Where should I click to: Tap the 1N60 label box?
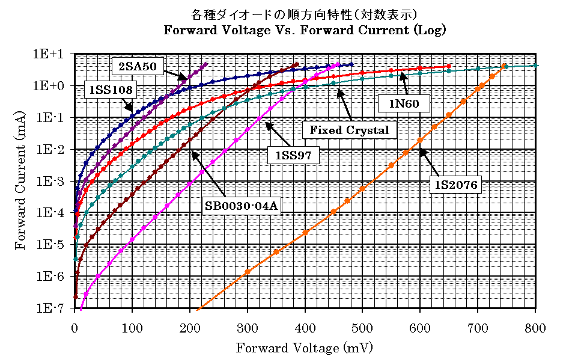[404, 103]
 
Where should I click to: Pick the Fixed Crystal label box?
[349, 129]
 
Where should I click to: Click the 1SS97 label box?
[293, 155]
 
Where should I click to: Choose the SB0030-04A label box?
[243, 206]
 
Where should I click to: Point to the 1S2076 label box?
[457, 185]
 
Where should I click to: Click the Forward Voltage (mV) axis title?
[304, 348]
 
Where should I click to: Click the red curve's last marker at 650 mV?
[449, 66]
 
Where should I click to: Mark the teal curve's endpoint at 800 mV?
[535, 65]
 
